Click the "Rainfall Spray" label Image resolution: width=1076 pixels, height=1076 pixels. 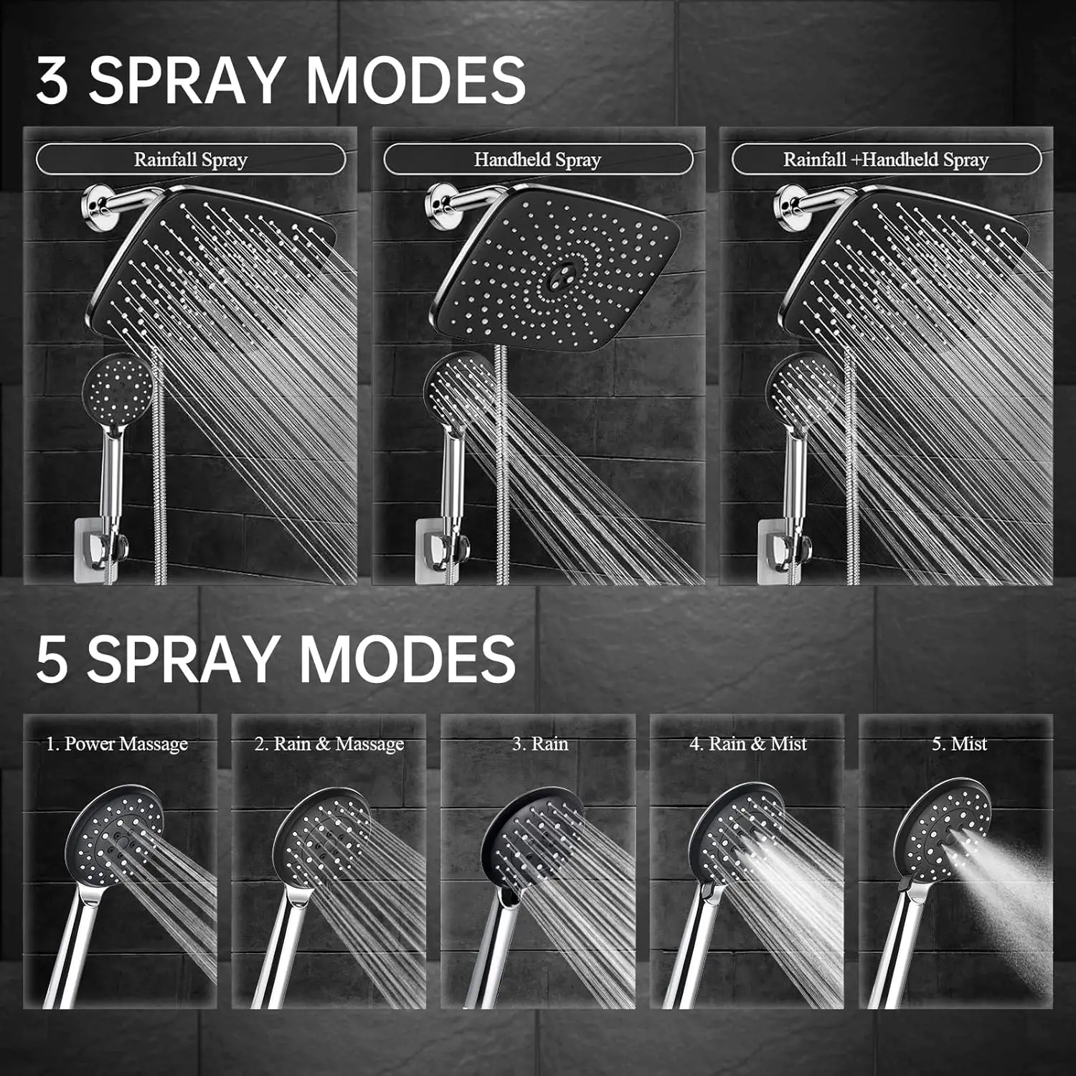pos(190,159)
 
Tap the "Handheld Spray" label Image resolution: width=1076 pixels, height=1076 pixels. pos(537,159)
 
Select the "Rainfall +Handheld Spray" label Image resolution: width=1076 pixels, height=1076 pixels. pos(885,159)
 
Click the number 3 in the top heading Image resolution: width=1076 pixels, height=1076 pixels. pos(53,80)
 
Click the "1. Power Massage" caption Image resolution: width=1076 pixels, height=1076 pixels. pos(117,744)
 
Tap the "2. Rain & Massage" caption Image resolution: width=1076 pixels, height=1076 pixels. pos(329,744)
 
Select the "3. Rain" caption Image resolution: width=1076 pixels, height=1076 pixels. pos(540,744)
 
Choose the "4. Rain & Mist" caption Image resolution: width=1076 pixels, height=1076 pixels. pos(748,744)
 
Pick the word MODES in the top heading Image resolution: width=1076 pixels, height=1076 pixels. pos(416,80)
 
